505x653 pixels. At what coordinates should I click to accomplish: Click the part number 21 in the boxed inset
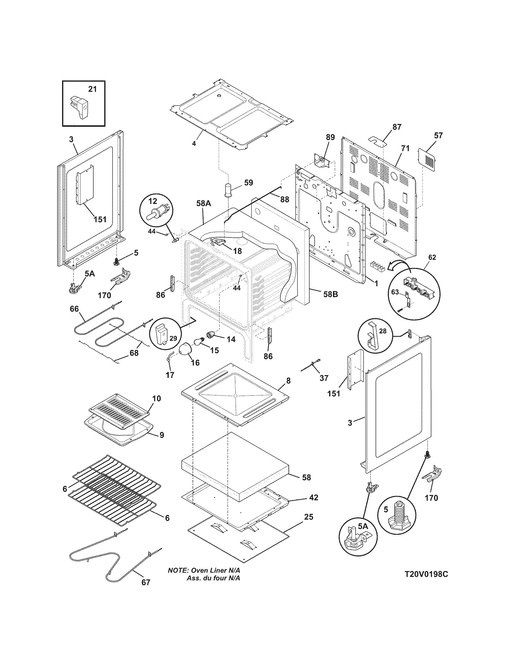click(92, 89)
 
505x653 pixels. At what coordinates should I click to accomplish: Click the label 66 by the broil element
click(74, 309)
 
